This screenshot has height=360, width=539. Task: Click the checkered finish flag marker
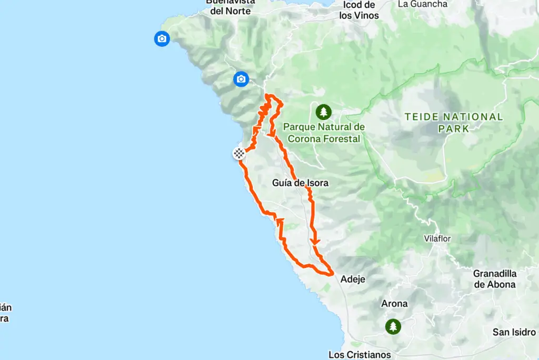coord(239,154)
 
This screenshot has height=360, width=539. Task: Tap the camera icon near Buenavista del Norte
coord(162,38)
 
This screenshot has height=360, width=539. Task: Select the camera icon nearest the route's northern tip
coord(241,79)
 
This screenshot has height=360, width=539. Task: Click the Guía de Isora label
coord(301,183)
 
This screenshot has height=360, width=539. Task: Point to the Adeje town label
coord(353,279)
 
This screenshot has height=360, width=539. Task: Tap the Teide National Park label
coord(454,122)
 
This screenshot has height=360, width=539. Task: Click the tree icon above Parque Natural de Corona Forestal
coord(323,112)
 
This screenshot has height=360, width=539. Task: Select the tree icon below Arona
coord(393,326)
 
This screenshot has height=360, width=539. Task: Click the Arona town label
coord(395,304)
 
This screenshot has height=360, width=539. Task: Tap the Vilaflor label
coord(438,238)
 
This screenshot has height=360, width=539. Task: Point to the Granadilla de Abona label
coord(494,279)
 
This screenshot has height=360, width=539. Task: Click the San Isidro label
coord(514,332)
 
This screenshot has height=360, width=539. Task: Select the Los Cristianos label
coord(360,354)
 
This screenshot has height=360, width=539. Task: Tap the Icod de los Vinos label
coord(359,10)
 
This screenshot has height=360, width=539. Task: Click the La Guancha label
coord(423,4)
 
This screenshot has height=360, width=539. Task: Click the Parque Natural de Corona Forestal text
coord(324,133)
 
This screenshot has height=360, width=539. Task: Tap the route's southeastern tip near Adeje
coord(332,273)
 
